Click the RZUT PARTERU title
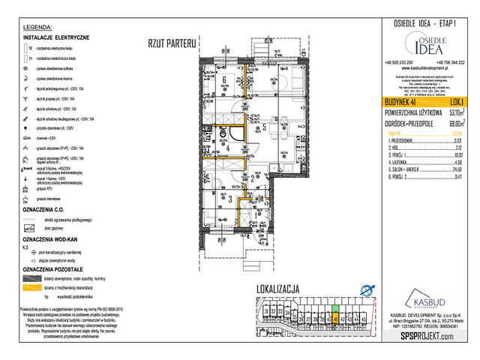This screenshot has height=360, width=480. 172,43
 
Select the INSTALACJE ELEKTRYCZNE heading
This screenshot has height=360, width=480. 56,37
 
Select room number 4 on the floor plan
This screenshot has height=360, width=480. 227,148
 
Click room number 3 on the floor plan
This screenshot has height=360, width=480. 229,198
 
